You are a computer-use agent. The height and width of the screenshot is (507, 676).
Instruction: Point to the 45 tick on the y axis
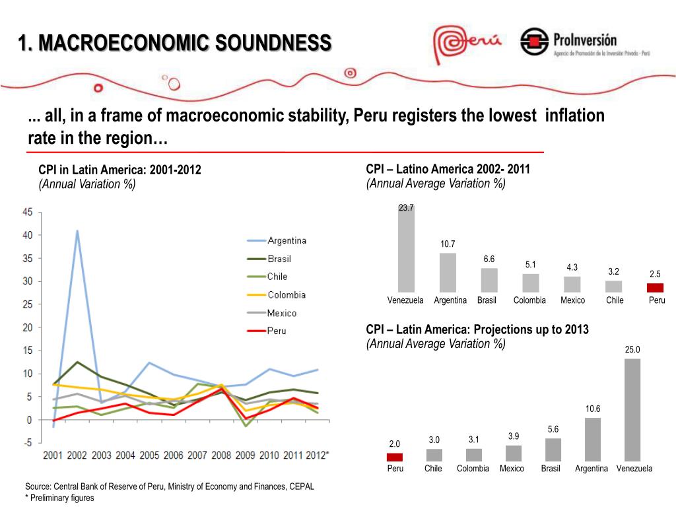point(28,212)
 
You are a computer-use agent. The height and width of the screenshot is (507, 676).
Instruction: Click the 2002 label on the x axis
point(77,455)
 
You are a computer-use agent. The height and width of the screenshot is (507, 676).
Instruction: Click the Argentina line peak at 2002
point(77,231)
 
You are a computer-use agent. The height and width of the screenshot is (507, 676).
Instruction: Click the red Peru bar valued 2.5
point(655,287)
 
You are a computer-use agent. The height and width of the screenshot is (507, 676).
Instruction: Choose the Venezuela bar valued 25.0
point(632,409)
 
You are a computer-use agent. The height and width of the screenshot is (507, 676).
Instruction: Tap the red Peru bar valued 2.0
point(395,457)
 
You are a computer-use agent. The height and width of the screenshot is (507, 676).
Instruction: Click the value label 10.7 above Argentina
point(448,245)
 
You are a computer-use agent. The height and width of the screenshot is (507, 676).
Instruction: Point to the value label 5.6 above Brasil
point(553,430)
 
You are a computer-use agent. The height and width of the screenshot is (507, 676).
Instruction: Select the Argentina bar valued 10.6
point(592,439)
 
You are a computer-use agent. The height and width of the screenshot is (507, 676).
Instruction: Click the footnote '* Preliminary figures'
point(60,498)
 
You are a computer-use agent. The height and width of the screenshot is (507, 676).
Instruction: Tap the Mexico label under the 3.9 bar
point(512,468)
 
